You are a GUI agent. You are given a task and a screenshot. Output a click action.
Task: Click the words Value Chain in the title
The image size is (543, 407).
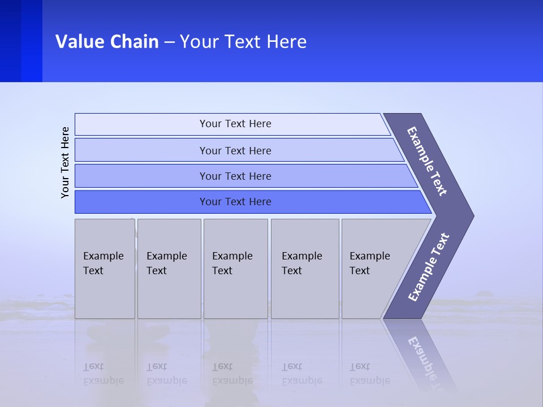[x=107, y=42]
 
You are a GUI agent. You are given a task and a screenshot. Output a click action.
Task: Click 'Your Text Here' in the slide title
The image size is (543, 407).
[x=243, y=42]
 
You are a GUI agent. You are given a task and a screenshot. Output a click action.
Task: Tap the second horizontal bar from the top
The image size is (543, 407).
[x=235, y=150]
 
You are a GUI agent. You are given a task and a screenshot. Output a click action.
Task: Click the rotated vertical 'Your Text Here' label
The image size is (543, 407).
[x=65, y=162]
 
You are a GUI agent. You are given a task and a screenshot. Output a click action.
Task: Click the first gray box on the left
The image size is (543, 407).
[x=105, y=269]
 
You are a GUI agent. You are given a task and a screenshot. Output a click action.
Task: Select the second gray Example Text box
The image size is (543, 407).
[x=169, y=269]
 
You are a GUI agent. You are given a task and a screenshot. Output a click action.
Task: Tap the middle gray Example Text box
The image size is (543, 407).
[x=235, y=269]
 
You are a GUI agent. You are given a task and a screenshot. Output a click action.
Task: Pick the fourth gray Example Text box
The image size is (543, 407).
[x=305, y=269]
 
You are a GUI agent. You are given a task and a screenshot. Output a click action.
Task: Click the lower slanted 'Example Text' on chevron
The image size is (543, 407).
[x=428, y=267]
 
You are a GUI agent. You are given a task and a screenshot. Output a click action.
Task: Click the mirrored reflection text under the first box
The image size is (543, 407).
[x=103, y=374]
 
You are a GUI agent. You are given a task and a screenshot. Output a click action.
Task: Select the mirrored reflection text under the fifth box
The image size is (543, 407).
[x=370, y=374]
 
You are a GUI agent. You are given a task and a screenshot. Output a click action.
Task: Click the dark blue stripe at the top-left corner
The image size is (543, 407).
[x=21, y=41]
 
